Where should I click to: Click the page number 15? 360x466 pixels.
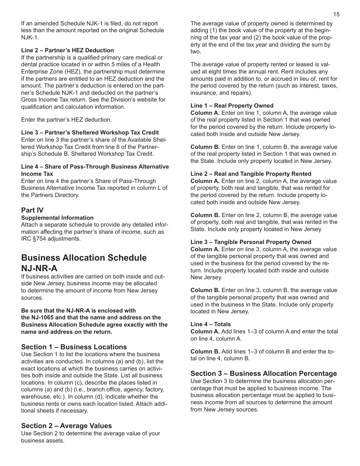coord(337,14)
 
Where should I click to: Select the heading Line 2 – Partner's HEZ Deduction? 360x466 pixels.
coord(67,50)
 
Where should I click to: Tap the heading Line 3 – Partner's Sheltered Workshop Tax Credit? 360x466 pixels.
coord(90,133)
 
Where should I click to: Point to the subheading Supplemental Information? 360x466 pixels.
coord(57,218)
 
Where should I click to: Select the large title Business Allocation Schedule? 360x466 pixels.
coord(84,258)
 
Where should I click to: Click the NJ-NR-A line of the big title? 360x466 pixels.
coord(39,268)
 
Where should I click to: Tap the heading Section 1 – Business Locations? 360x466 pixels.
coord(74,347)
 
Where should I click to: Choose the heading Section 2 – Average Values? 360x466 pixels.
coord(66,426)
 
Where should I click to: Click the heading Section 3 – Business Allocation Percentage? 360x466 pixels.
coord(263,374)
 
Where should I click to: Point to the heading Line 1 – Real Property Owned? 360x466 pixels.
coord(232,106)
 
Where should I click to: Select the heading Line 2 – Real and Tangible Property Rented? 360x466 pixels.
coord(250,174)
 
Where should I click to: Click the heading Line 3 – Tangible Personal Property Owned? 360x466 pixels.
coord(250,242)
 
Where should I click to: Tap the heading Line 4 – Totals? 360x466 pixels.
coord(210,324)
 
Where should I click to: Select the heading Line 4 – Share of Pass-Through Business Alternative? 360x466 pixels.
coord(95,167)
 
